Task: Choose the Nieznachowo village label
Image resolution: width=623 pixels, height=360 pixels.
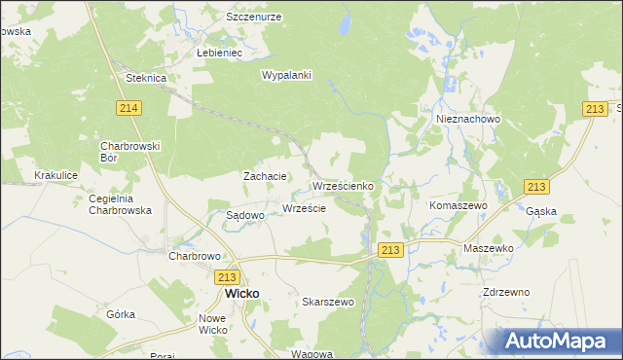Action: click(x=467, y=119)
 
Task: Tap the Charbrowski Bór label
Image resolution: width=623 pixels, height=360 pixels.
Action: click(x=129, y=151)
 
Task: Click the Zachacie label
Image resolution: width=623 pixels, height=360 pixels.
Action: click(x=265, y=176)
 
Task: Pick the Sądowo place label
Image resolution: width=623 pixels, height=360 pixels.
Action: click(x=245, y=215)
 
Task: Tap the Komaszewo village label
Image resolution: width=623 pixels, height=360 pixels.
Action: click(x=458, y=207)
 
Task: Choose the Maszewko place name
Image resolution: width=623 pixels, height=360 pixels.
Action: click(x=488, y=248)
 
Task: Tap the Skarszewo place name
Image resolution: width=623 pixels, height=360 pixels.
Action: click(x=328, y=303)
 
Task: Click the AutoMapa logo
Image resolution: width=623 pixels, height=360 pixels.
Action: click(x=559, y=342)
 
